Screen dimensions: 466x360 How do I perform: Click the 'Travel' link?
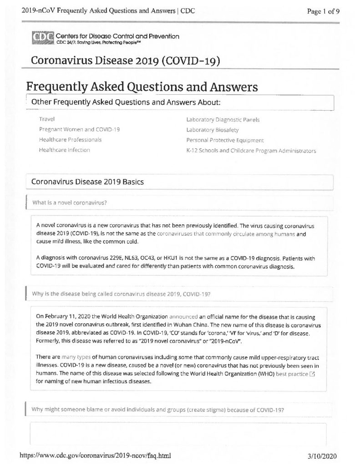(x=47, y=119)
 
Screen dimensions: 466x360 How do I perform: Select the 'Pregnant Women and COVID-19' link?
(x=79, y=129)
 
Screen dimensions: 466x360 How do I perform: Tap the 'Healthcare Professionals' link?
(x=70, y=140)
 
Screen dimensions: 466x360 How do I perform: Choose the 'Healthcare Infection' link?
(x=64, y=150)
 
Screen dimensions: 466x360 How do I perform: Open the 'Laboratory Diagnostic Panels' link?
(x=223, y=120)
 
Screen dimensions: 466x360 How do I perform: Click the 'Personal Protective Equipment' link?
(x=225, y=140)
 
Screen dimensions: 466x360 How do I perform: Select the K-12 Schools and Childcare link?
(x=251, y=150)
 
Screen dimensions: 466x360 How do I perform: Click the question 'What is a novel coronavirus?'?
(x=70, y=203)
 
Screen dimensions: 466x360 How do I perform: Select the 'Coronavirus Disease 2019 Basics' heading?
(x=87, y=182)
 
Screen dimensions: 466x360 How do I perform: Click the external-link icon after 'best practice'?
(x=312, y=374)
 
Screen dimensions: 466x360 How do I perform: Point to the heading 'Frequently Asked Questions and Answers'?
(x=142, y=86)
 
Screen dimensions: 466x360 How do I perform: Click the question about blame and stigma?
(x=158, y=409)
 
